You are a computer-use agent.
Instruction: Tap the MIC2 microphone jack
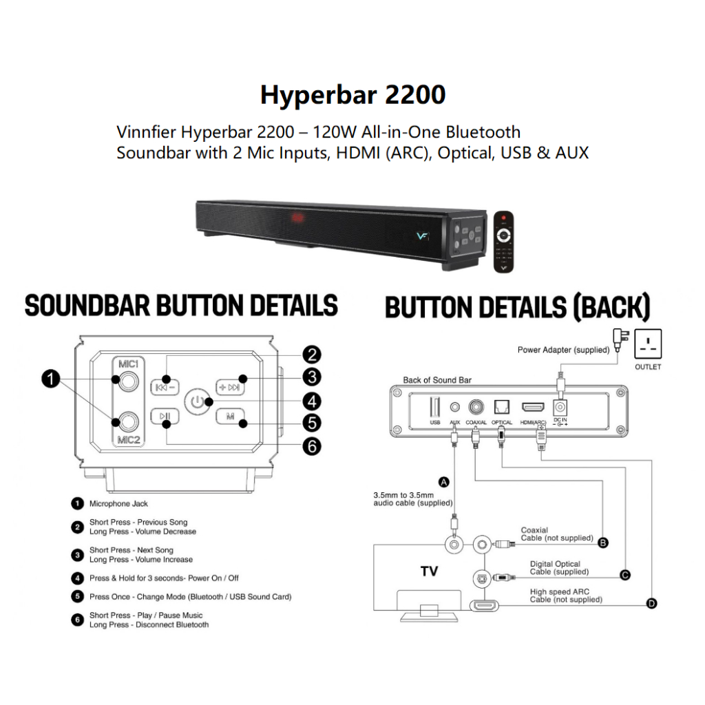click(x=125, y=418)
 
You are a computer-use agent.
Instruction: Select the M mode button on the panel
click(x=230, y=416)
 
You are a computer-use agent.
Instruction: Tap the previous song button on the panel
click(x=165, y=386)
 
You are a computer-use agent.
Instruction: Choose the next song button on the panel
click(x=230, y=386)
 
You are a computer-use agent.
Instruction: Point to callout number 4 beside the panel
click(x=313, y=401)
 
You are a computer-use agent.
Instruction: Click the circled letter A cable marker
click(x=445, y=483)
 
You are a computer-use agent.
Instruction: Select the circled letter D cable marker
click(x=651, y=604)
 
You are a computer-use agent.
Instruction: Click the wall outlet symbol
click(x=648, y=341)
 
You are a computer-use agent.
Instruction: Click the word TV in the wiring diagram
click(x=429, y=572)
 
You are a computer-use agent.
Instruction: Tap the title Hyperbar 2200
click(x=352, y=94)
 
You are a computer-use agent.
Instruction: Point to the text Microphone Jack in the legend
click(x=118, y=504)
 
